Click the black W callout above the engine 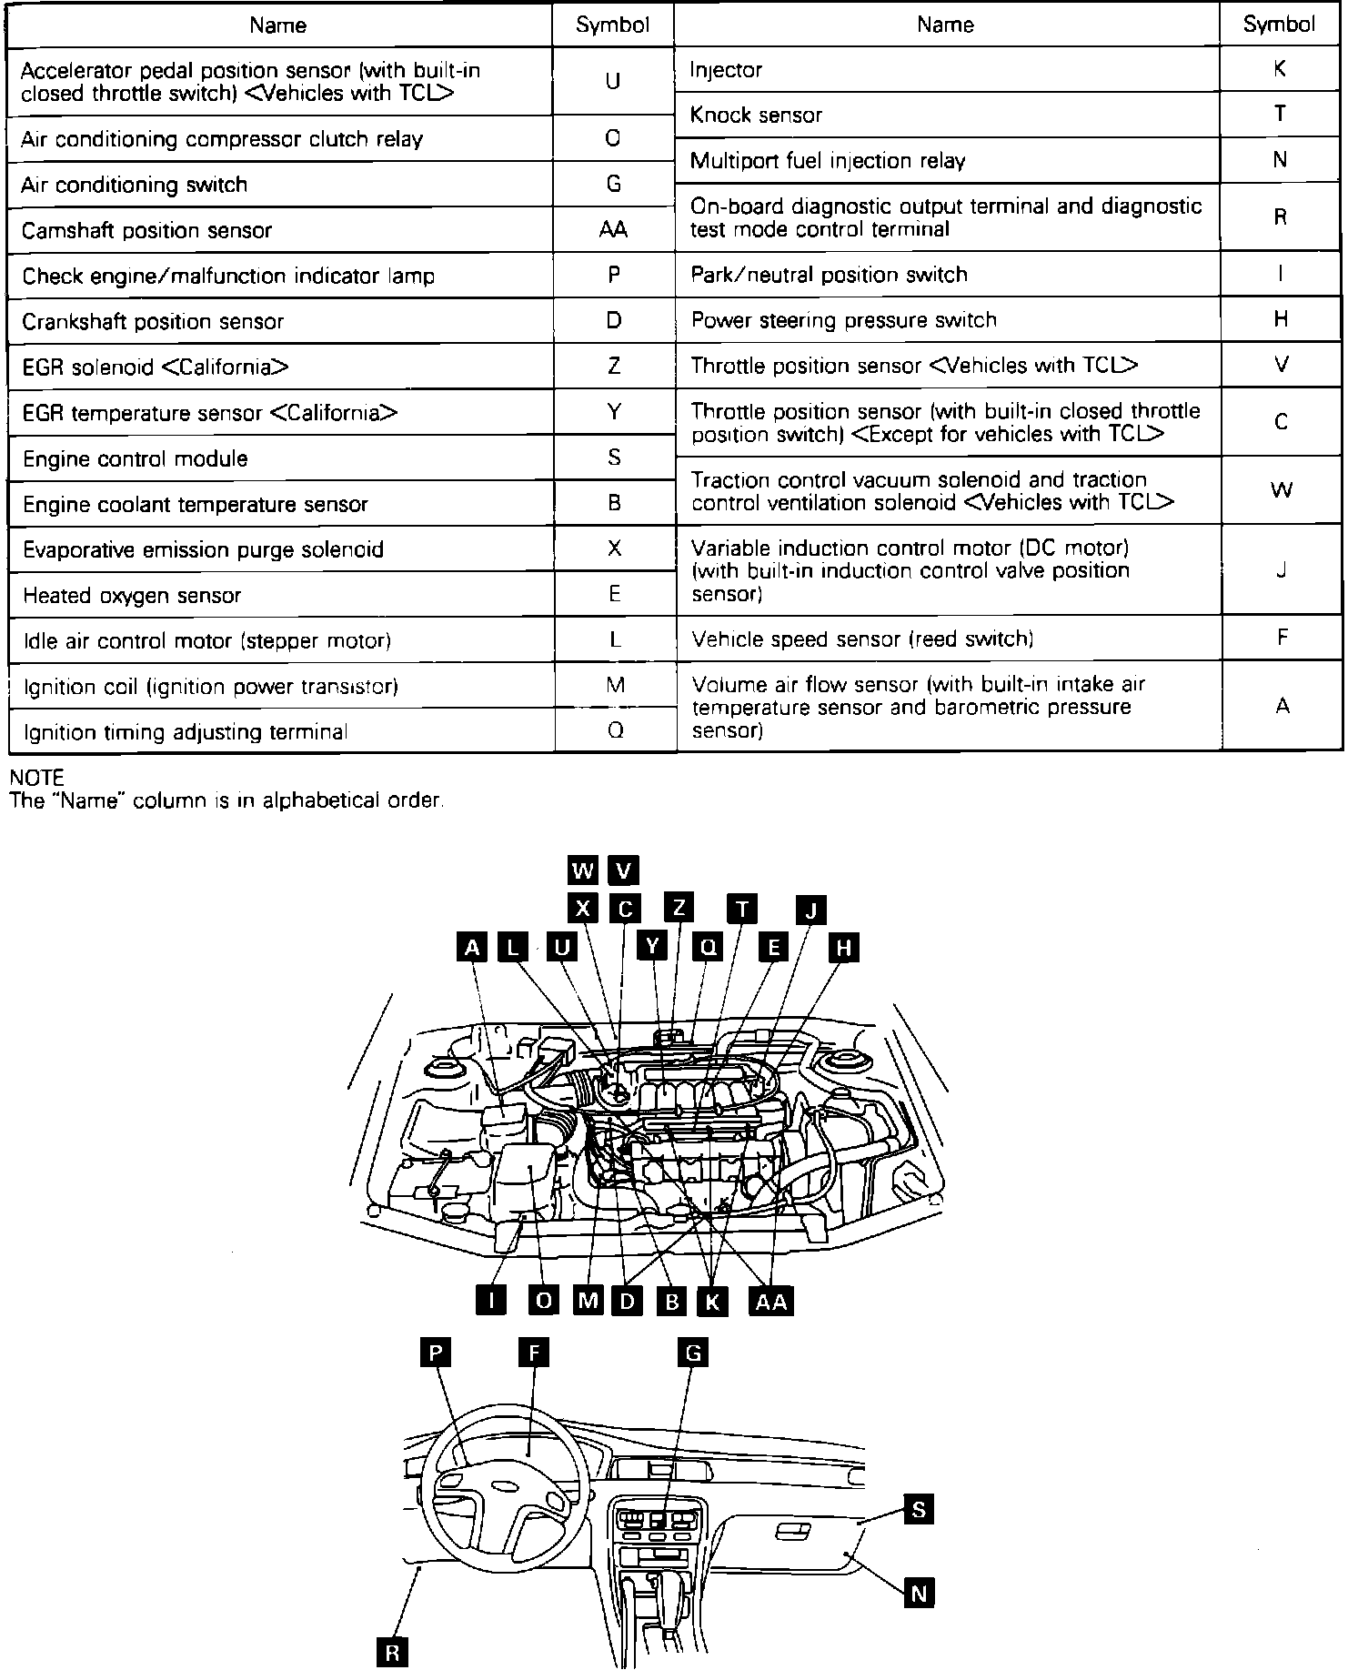[x=582, y=870]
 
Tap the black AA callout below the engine [x=771, y=1302]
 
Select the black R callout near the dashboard [x=392, y=1653]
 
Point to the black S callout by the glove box [x=919, y=1511]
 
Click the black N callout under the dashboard [x=919, y=1594]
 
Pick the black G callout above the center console [x=693, y=1353]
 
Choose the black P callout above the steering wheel [x=436, y=1353]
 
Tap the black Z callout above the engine [x=679, y=907]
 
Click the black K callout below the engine [x=711, y=1302]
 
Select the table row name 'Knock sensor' [x=756, y=116]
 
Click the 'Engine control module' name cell [x=136, y=458]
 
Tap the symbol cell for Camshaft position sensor [x=613, y=230]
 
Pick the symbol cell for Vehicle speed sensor [x=1281, y=638]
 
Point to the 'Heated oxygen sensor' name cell [x=132, y=596]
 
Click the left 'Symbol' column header [x=613, y=25]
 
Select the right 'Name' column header [x=945, y=25]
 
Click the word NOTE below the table [x=36, y=778]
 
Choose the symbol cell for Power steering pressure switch [x=1281, y=319]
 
